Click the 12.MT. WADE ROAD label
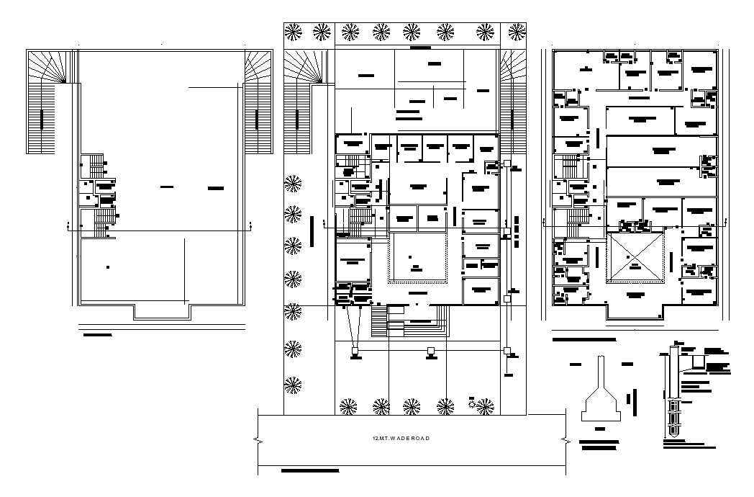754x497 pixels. tap(401, 439)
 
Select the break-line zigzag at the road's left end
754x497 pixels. tap(257, 438)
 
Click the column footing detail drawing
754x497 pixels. tap(601, 393)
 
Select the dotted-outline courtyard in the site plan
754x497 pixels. tap(417, 259)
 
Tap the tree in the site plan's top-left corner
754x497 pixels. tap(294, 31)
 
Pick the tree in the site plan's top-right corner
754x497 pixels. tap(517, 31)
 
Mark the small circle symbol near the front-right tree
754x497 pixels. tap(471, 405)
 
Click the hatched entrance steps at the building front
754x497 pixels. tap(380, 321)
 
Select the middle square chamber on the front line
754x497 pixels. tap(430, 352)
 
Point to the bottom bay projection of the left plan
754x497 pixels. tap(161, 311)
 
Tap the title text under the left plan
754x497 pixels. tap(98, 335)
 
